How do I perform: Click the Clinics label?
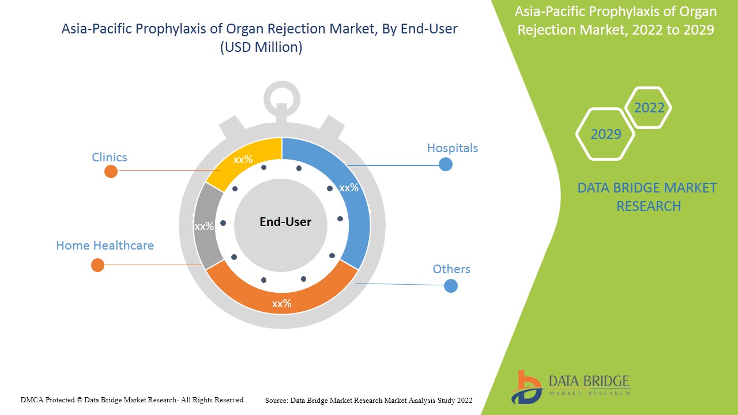110,157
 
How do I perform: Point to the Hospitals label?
452,148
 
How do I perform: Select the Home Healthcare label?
105,246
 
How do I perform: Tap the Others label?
451,269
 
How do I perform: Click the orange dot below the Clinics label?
111,171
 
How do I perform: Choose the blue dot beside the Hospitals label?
445,164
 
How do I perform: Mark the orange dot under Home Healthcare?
97,265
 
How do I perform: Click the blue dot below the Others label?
451,286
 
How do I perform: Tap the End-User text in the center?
285,222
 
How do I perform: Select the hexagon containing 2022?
649,108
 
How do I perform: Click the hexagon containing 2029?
605,134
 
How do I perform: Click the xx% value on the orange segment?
281,304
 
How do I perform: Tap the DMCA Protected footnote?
133,399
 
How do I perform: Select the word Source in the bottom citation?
277,400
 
